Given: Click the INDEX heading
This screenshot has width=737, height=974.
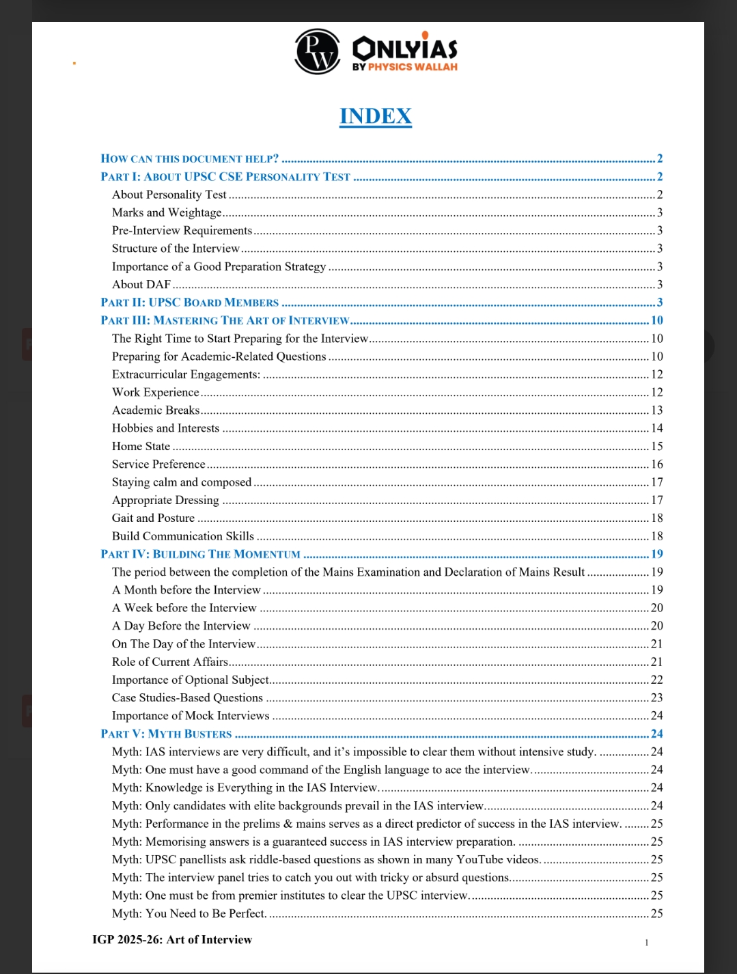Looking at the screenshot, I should (376, 116).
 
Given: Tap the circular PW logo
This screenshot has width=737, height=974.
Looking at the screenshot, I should (317, 51).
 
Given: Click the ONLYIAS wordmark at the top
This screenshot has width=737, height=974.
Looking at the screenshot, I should (404, 48).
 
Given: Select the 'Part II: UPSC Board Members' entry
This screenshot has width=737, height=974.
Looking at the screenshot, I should (190, 303).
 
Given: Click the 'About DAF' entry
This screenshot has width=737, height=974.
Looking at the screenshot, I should (141, 285).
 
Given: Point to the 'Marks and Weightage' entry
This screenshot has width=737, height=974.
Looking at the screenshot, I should (167, 213).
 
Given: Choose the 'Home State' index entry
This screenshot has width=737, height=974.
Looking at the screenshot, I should (141, 447).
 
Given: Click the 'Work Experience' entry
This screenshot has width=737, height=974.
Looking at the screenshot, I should (156, 393).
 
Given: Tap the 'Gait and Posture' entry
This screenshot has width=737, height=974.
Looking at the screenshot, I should (153, 518).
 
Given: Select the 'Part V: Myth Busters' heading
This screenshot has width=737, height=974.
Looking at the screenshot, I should (166, 734).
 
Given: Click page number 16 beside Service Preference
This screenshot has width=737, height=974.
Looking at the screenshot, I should (657, 464).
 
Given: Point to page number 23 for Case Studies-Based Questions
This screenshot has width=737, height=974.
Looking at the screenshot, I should (657, 698).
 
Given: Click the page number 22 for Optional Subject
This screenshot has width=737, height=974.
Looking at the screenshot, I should (657, 680).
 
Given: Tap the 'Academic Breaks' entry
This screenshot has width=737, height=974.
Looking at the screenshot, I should (156, 411).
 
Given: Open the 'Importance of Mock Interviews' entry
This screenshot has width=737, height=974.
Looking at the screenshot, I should (191, 716).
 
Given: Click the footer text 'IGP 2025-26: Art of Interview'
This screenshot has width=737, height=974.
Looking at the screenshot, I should (172, 940).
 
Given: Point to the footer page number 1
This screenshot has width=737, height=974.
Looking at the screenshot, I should (647, 943).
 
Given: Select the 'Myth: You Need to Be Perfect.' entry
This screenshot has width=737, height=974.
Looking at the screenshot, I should (189, 914).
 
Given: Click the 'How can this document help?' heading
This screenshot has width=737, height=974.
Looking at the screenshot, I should (190, 159).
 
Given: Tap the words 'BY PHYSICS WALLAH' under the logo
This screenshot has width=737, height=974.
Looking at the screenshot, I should (405, 67).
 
